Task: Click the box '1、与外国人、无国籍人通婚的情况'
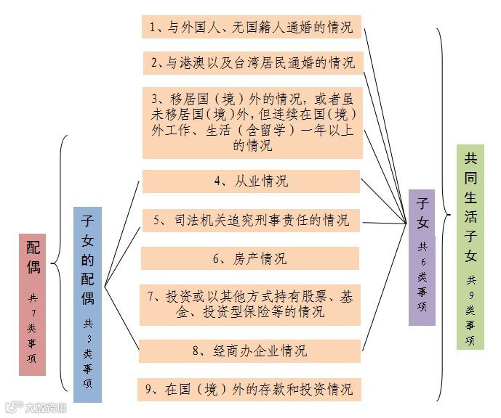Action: (251, 27)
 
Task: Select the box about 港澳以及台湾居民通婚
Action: (251, 62)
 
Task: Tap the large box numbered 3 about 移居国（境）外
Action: (251, 121)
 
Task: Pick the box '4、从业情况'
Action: (251, 181)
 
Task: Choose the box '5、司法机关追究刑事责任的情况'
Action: (251, 220)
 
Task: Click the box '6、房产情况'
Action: (251, 258)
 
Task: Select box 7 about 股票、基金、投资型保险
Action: (251, 304)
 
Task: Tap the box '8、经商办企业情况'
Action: (251, 351)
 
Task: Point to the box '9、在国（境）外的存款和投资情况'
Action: (251, 388)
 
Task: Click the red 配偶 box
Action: (32, 304)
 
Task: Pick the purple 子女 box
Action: (422, 257)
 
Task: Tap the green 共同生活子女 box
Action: (470, 247)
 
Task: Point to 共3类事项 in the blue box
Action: (87, 353)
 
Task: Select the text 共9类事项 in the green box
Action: (470, 309)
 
